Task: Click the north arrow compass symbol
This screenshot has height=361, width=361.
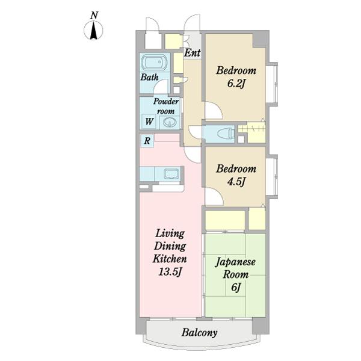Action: coord(93,31)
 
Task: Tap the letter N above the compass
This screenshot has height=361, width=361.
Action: coord(94,16)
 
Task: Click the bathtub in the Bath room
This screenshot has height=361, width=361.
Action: coord(154,63)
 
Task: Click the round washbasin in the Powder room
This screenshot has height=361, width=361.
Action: coord(170,122)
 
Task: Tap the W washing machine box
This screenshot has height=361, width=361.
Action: coord(149,122)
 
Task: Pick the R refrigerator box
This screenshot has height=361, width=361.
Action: coord(147,140)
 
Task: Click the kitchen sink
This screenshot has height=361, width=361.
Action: coord(171,174)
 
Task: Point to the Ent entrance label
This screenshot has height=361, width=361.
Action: coord(193,53)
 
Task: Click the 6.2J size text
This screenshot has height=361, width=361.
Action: coord(236,84)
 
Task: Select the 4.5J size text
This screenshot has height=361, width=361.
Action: coord(235,182)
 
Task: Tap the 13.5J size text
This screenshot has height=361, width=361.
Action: coord(170,273)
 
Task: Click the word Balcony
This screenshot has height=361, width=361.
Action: coord(199,333)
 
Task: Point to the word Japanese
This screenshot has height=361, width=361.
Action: coord(235,262)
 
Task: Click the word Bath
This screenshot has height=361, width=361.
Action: coord(149,77)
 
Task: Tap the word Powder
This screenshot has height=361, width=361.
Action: coord(166,101)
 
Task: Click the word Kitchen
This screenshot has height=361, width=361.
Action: coord(170,259)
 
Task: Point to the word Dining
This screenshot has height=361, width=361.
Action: coord(170,246)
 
